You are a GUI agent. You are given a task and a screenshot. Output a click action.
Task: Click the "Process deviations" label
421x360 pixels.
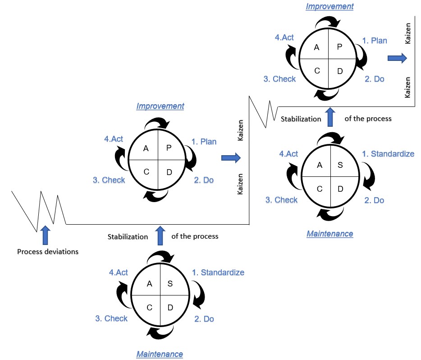point(48,252)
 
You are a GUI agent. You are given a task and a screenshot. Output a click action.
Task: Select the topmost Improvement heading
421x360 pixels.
point(329,6)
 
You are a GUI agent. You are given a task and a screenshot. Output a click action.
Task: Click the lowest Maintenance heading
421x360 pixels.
point(160,354)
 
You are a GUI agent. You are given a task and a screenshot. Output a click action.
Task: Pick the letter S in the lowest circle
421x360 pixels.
point(170,283)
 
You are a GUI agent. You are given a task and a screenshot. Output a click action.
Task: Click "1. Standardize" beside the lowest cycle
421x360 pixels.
point(218,272)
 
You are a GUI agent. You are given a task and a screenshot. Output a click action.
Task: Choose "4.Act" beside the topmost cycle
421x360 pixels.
point(284,37)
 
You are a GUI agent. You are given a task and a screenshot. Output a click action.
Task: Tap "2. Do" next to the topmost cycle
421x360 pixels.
point(374,79)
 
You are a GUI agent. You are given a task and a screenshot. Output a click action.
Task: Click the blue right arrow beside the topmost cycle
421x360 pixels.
point(397,58)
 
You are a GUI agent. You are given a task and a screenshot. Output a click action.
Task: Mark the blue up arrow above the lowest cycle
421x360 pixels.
point(160,236)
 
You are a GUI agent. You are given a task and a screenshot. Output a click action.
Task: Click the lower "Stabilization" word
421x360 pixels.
point(128,236)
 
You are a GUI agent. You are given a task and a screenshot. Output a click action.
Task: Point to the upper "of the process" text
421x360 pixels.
point(368,119)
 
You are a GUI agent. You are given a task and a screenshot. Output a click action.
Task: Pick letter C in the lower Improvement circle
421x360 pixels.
point(146,172)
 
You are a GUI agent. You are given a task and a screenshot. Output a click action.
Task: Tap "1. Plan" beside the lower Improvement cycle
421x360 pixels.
point(204,142)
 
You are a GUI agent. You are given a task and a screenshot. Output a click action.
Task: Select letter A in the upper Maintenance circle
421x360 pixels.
point(320,165)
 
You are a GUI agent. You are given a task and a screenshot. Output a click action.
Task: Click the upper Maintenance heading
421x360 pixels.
point(329,234)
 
